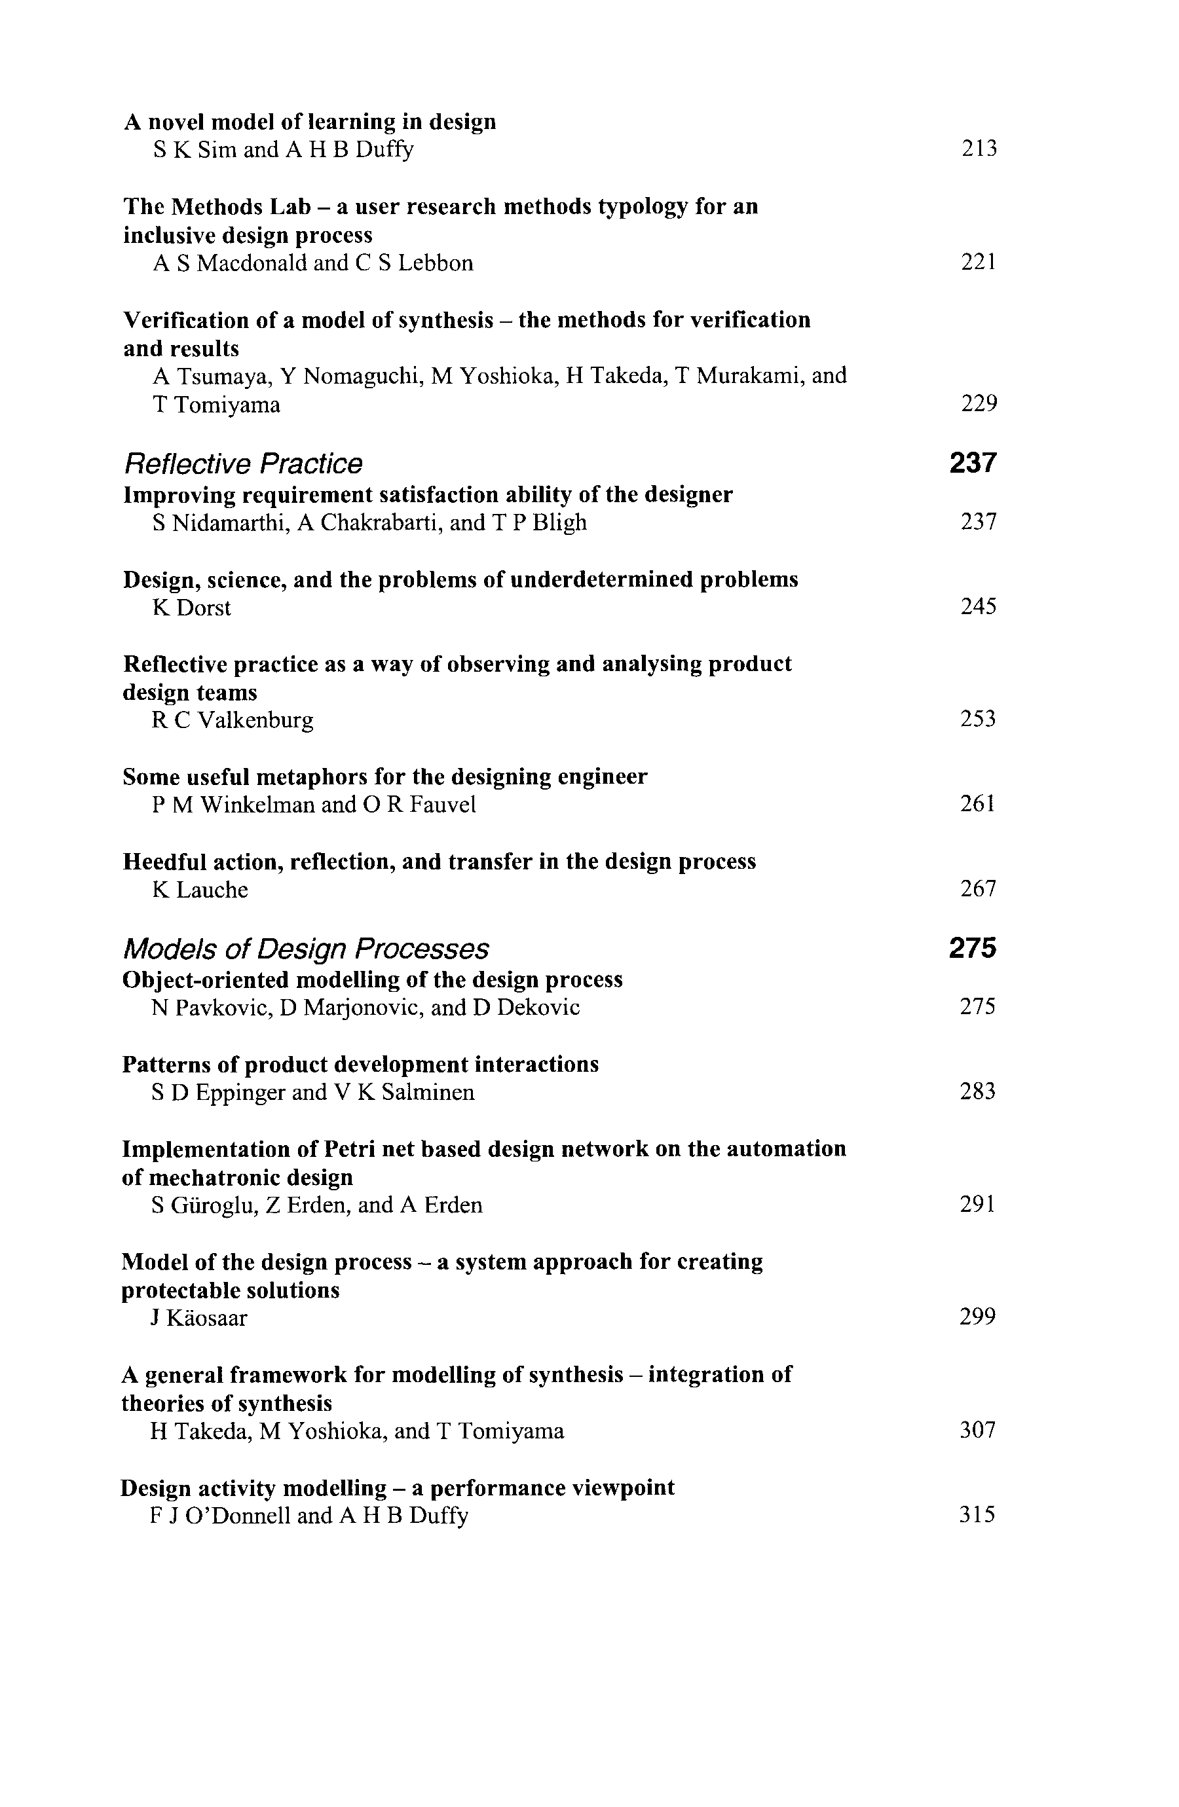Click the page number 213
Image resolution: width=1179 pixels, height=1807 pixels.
point(979,148)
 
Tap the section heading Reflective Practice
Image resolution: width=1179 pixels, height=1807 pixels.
point(243,463)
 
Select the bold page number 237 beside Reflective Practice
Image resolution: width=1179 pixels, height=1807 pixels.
point(973,462)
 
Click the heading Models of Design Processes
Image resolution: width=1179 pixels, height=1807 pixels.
point(305,948)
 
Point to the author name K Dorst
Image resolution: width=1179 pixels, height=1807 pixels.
point(191,608)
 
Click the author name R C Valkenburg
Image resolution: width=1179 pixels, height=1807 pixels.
point(233,720)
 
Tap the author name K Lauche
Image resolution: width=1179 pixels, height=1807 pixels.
point(200,889)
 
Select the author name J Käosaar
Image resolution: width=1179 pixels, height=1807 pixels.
point(199,1317)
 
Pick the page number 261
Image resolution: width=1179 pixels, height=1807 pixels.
point(978,803)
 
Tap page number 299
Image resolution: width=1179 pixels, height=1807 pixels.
point(977,1316)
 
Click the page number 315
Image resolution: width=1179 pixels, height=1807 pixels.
point(977,1515)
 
